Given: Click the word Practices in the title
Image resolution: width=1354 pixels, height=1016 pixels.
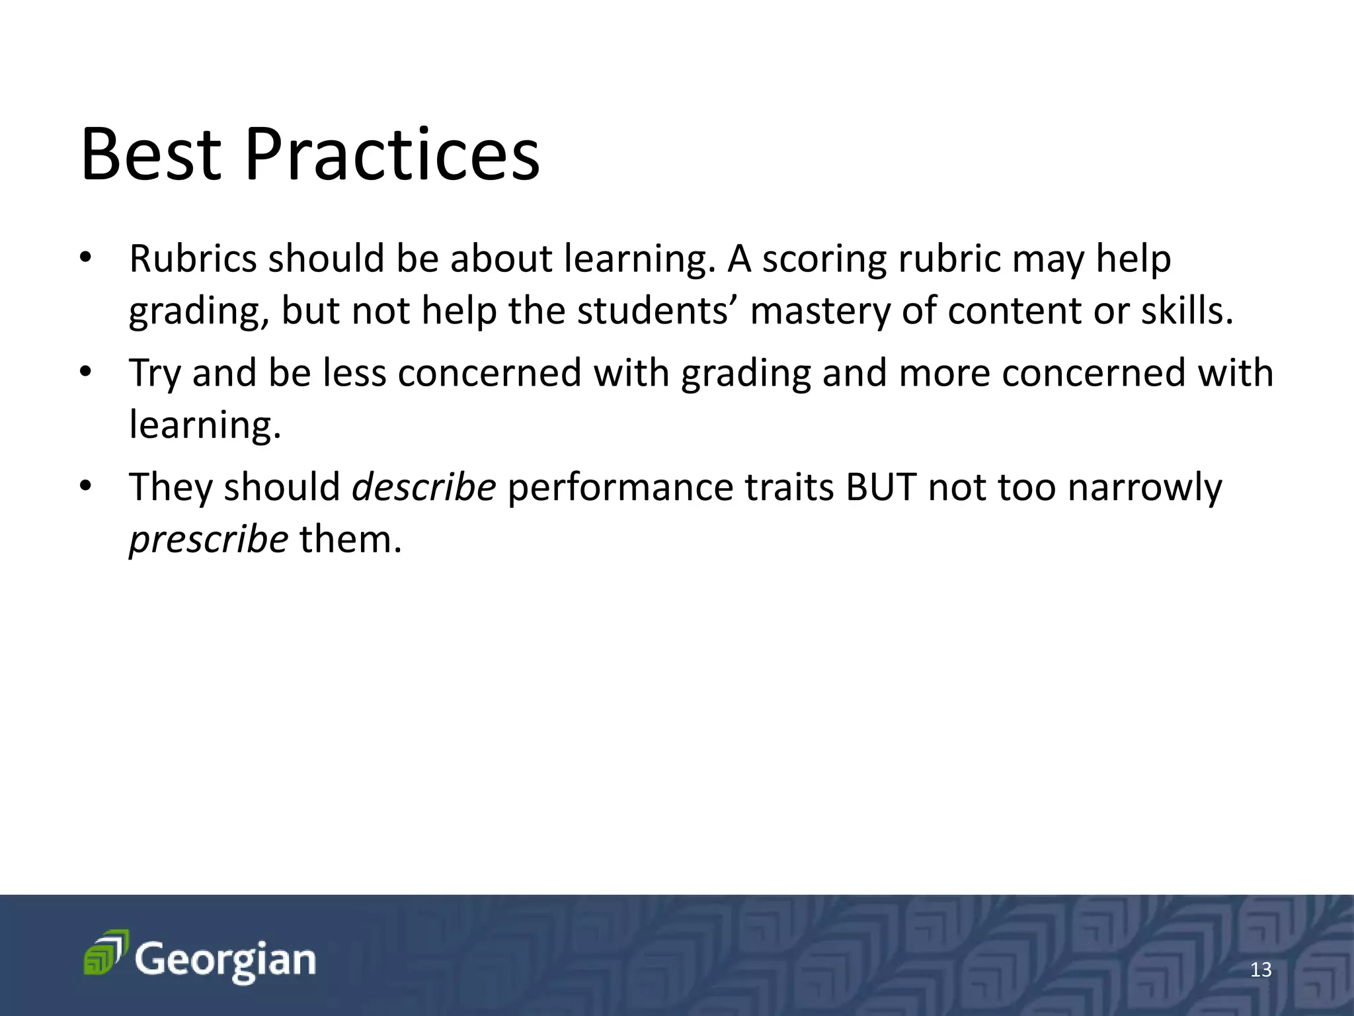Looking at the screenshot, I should pyautogui.click(x=392, y=155).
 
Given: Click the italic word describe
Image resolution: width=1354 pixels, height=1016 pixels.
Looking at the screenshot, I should pyautogui.click(x=423, y=487).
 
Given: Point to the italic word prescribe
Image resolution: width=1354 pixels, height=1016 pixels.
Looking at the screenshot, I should pyautogui.click(x=208, y=539).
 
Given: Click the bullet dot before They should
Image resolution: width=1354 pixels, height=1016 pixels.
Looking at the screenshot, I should pyautogui.click(x=84, y=487).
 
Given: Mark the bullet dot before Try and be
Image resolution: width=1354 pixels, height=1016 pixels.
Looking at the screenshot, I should pyautogui.click(x=84, y=372).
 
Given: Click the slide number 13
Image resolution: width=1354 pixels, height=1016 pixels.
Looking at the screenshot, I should pyautogui.click(x=1261, y=970).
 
